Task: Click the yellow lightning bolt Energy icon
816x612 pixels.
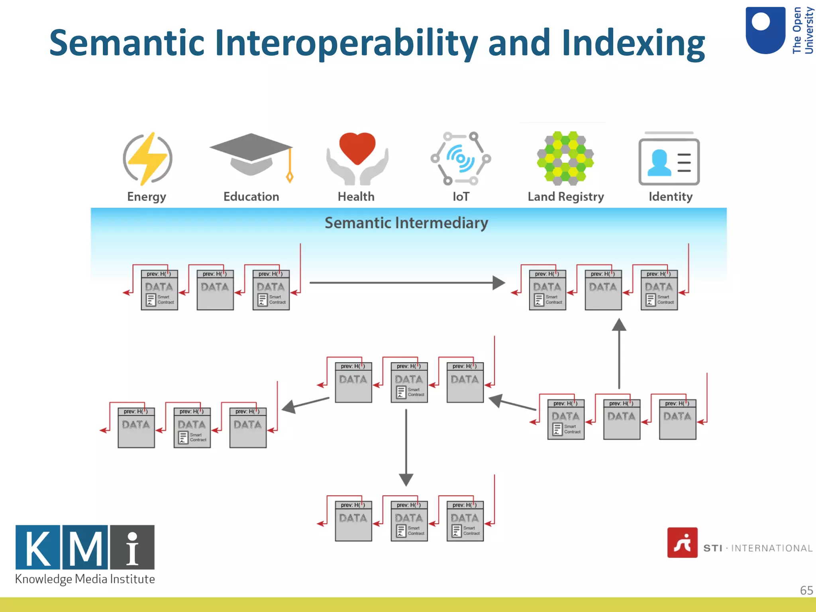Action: (x=148, y=159)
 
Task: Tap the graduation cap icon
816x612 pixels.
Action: (x=251, y=154)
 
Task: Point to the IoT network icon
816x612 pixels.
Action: (x=461, y=159)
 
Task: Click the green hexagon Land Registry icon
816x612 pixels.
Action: (x=565, y=158)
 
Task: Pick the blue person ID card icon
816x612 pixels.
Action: (x=669, y=161)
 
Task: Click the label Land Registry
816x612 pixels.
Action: (x=566, y=196)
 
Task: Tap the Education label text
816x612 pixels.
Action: (x=251, y=196)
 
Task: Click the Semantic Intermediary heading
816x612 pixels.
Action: (x=406, y=223)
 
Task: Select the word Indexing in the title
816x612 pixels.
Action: (x=633, y=43)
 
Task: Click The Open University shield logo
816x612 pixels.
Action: (x=765, y=30)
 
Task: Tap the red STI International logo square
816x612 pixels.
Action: (x=682, y=543)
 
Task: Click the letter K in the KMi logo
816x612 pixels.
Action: (x=38, y=547)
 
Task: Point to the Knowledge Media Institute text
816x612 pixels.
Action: (x=85, y=579)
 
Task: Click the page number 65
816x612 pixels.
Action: (x=806, y=590)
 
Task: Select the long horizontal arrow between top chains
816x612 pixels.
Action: (x=406, y=283)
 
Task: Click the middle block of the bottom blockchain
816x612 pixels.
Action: (x=409, y=521)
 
